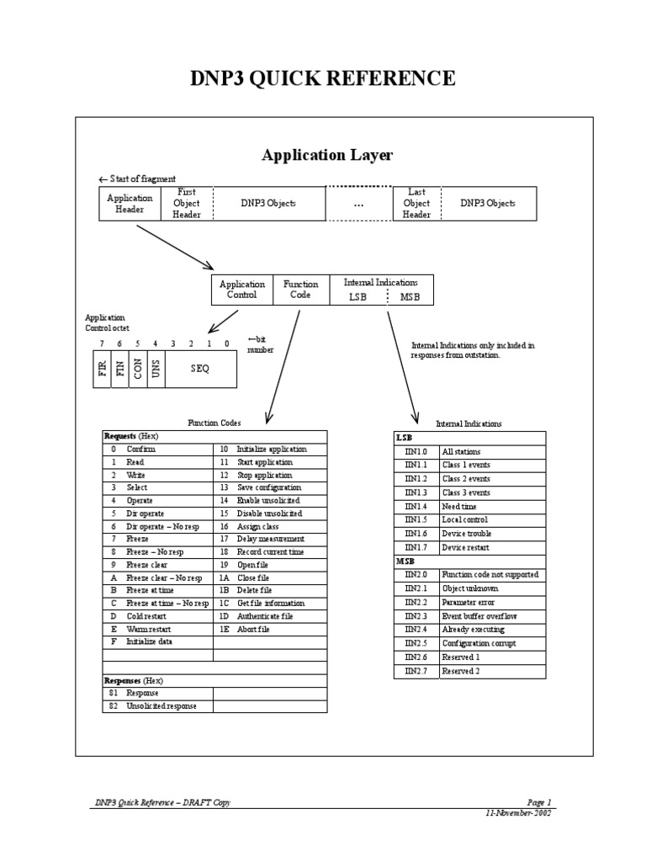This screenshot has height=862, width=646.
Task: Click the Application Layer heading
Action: [327, 155]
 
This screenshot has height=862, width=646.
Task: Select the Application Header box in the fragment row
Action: [130, 204]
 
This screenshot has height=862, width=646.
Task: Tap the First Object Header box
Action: [187, 204]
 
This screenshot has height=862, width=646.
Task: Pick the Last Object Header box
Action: [416, 204]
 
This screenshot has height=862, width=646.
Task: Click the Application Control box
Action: [242, 290]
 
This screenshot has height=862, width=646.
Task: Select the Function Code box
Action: [297, 290]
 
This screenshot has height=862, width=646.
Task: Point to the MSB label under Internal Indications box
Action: [410, 297]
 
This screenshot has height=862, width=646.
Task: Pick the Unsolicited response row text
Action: [161, 706]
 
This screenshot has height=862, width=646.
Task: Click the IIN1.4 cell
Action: [416, 507]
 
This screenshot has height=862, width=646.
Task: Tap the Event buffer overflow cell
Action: [479, 616]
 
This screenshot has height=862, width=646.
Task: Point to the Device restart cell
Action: [468, 547]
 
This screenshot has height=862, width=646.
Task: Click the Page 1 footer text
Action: [538, 803]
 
